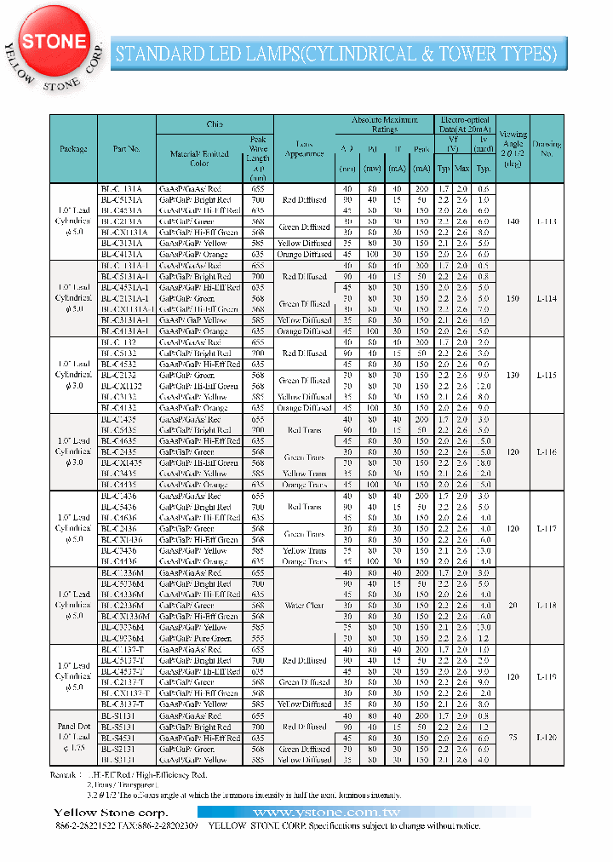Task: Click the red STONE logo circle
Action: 53,42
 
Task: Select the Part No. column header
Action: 126,149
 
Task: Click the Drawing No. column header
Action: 547,149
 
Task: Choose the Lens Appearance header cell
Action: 304,149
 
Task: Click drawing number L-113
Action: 547,221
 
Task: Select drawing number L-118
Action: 547,605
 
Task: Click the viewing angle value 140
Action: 512,221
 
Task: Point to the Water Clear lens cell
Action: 304,606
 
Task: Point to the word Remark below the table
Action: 64,776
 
